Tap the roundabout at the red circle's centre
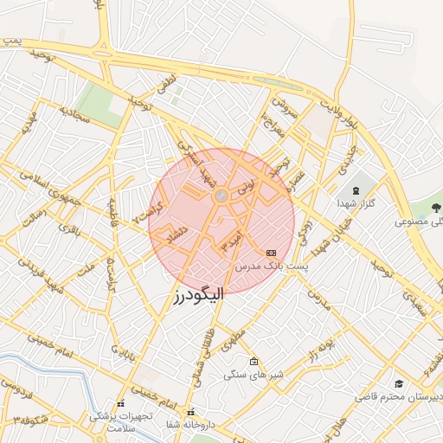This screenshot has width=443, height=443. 221,197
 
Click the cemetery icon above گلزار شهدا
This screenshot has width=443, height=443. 356,189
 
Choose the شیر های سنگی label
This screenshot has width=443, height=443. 252,375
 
